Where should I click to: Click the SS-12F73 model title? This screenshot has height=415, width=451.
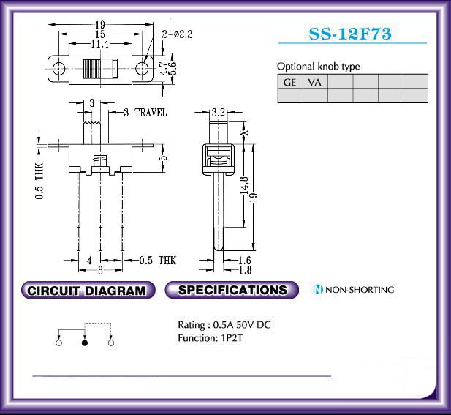tap(350, 34)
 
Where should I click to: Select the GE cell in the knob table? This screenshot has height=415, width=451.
tap(290, 82)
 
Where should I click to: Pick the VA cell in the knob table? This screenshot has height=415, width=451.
tap(315, 82)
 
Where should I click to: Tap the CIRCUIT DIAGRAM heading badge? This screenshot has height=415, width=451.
tap(88, 290)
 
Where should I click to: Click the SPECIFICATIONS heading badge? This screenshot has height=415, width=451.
tap(232, 290)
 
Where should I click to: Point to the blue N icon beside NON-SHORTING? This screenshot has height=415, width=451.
tap(318, 289)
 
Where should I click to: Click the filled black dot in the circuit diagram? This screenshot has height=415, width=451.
tap(85, 343)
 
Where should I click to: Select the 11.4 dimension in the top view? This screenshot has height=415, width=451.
tap(100, 44)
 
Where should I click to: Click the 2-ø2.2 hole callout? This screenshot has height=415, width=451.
tap(177, 34)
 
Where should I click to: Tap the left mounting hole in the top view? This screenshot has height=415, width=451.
tap(58, 69)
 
